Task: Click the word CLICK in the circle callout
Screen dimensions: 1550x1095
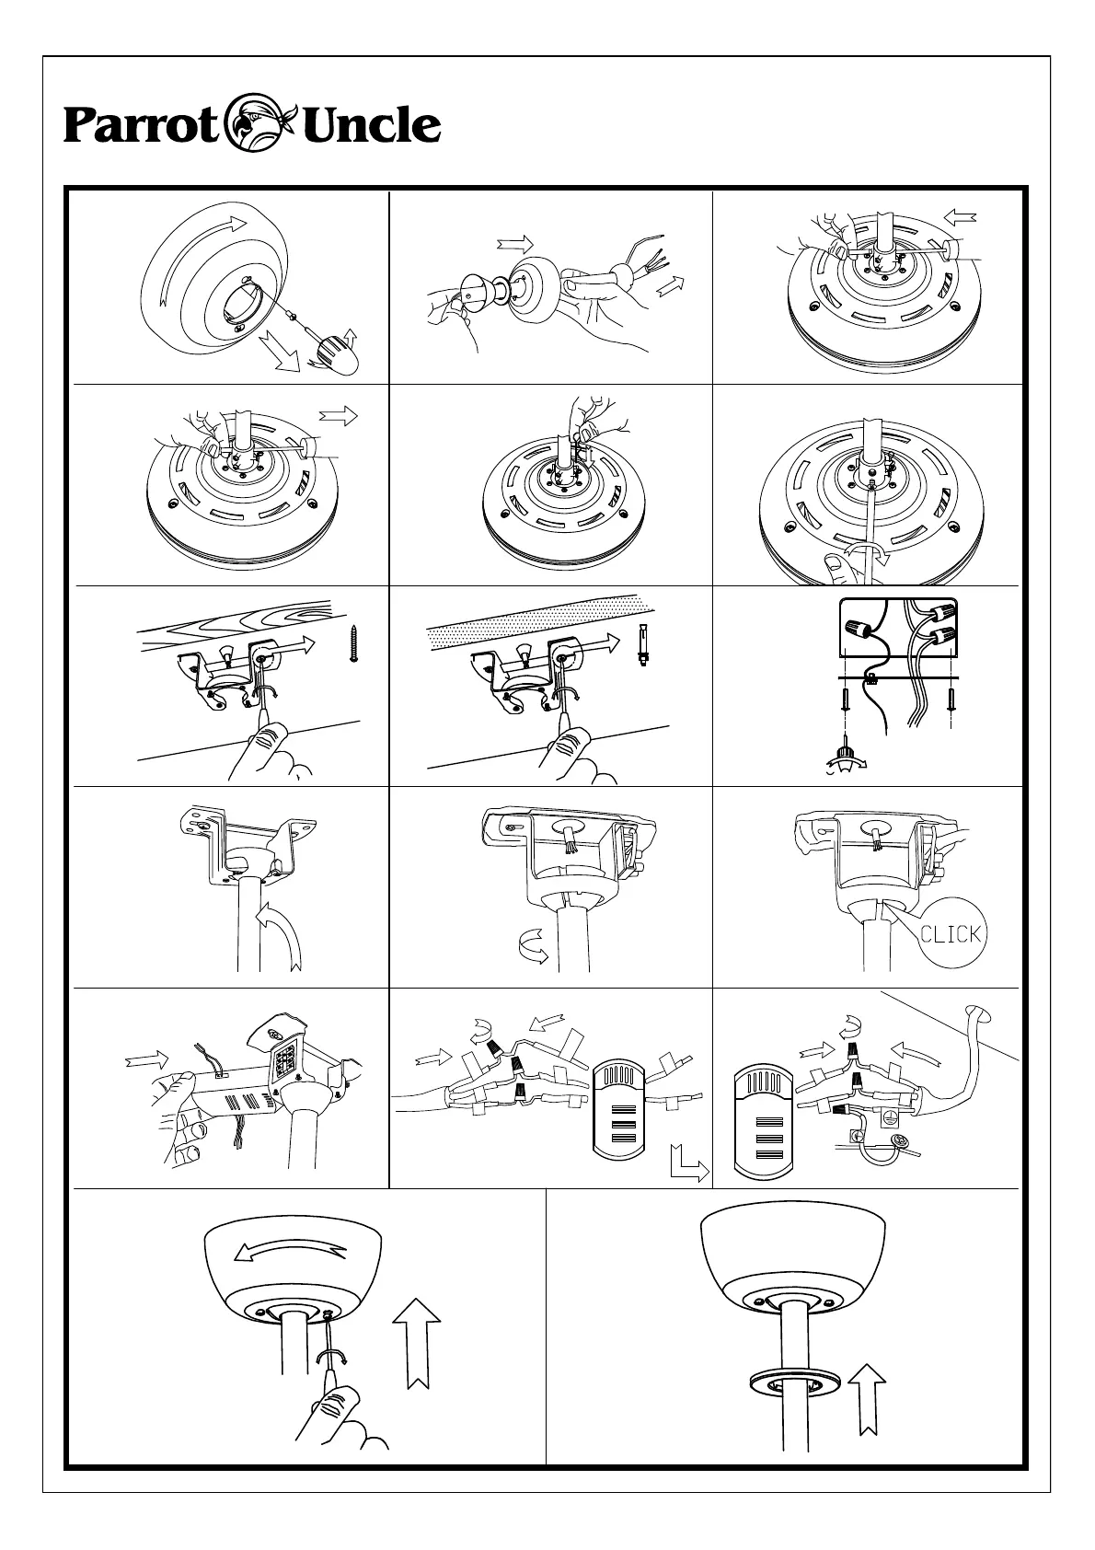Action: coord(951,934)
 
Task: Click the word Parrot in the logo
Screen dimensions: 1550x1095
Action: coord(139,126)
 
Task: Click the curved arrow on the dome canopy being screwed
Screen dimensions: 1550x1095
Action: coord(289,1252)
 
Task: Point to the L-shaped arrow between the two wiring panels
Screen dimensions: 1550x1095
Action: coord(689,1164)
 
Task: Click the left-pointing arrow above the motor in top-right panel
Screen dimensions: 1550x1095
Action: coord(962,219)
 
